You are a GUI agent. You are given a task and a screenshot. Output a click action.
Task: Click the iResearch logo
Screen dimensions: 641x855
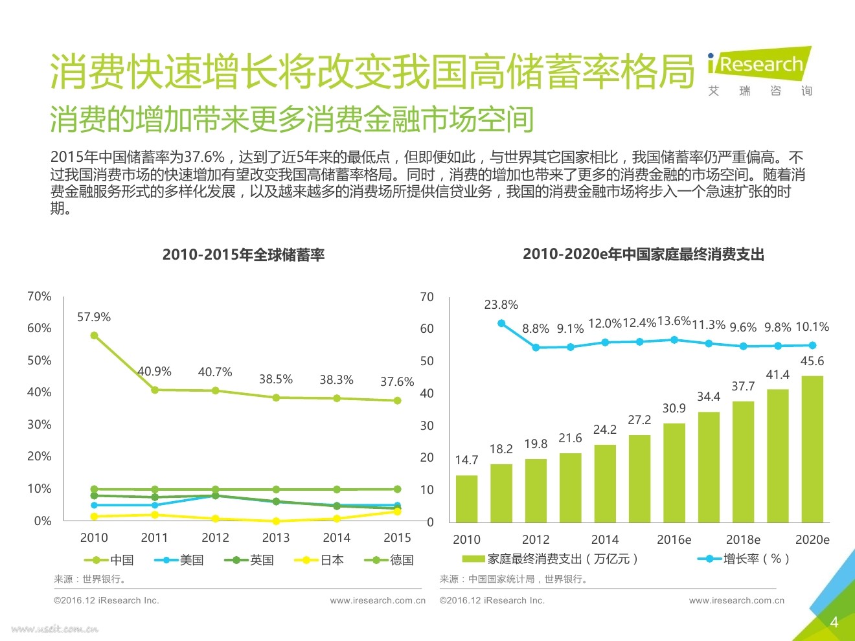759,65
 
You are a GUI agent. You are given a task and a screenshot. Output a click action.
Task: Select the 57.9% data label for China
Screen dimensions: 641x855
94,317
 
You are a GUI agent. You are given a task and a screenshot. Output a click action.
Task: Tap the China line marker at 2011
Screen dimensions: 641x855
155,390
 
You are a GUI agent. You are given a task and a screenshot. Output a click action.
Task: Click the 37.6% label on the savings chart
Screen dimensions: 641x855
397,382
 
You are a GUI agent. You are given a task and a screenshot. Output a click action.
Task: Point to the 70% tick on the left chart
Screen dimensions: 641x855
39,297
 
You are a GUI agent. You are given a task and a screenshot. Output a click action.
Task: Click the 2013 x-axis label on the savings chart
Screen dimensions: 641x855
276,537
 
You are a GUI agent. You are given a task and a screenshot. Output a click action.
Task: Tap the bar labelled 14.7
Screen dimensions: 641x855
466,499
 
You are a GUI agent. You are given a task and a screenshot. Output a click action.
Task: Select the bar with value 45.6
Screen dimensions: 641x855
812,449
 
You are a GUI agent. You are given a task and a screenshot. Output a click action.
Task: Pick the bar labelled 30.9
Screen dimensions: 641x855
674,473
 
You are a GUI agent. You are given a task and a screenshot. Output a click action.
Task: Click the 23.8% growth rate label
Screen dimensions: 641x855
501,305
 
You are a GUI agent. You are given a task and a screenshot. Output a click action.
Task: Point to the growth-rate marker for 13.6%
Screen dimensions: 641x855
674,340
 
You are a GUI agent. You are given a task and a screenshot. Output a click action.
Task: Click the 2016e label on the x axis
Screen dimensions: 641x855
674,540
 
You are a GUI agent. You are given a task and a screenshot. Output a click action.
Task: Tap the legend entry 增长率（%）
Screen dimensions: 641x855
745,559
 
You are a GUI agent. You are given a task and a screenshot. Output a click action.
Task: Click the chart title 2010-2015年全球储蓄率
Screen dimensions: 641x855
244,254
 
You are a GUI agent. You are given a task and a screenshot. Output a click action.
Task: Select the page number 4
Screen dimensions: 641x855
834,622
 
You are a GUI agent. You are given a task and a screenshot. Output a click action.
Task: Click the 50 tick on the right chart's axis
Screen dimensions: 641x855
427,361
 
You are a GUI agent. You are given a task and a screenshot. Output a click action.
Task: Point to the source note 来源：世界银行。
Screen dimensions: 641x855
91,579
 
